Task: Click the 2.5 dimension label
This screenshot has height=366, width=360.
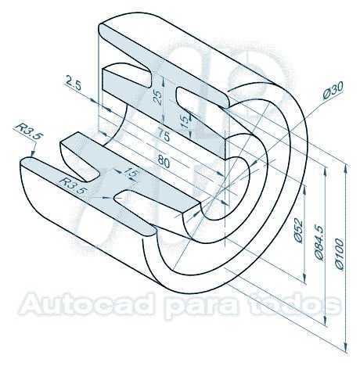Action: point(74,82)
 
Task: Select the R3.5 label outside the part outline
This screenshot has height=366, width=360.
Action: point(29,132)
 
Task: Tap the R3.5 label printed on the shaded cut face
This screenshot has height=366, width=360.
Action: point(72,185)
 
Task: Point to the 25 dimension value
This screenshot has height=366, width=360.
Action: point(157,98)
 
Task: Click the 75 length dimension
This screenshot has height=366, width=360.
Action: point(164,135)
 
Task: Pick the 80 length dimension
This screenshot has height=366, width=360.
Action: point(164,162)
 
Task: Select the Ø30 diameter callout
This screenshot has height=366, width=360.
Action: point(333,90)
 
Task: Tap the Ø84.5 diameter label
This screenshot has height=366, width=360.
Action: point(319,242)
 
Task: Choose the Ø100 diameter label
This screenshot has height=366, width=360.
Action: point(340,253)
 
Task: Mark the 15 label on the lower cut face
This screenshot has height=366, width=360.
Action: point(131,173)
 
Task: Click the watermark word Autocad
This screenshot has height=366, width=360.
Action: point(86,304)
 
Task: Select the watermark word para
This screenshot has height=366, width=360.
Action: point(201,306)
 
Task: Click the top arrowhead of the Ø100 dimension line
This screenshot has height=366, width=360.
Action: point(346,168)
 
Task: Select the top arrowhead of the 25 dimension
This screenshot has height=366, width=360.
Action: point(164,82)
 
